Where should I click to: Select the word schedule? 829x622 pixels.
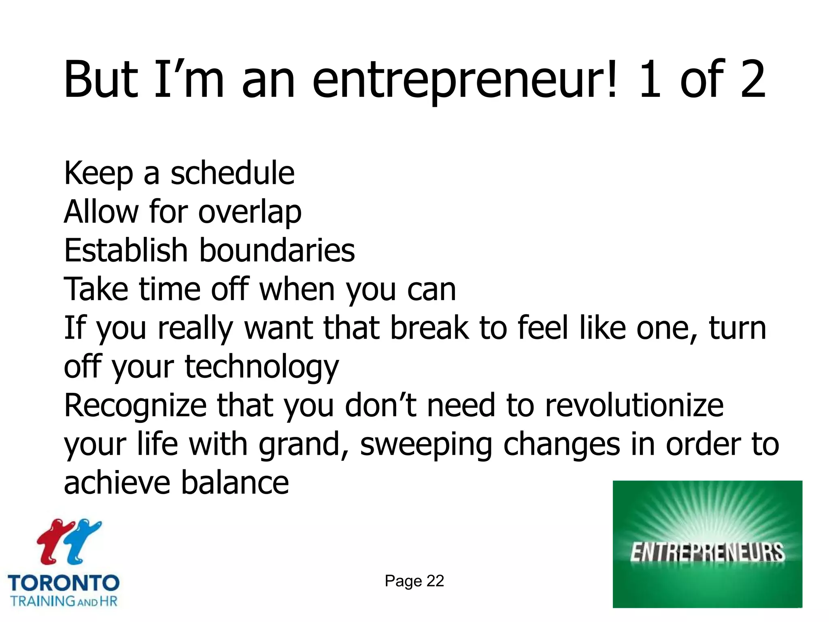coord(232,173)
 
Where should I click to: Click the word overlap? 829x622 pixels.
coord(250,212)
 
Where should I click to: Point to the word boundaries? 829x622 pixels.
coord(277,250)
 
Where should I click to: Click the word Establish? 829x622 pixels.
coord(125,250)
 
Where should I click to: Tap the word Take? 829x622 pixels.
coord(96,289)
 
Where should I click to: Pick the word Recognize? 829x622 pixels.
coord(135,405)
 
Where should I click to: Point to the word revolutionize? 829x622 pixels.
coord(634,405)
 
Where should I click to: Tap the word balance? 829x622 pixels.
coord(235,482)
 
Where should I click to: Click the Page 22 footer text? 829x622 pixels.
coord(414,581)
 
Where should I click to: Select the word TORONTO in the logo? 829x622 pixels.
coord(64,584)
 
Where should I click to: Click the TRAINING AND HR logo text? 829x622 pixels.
coord(64,601)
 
